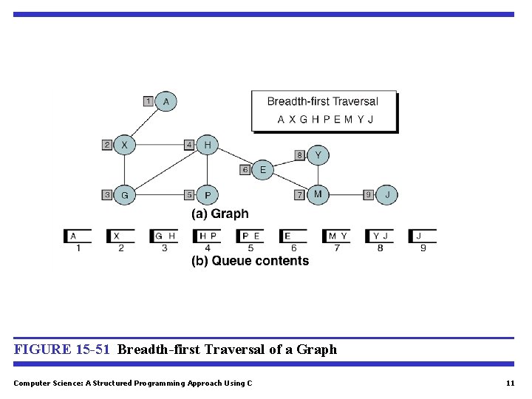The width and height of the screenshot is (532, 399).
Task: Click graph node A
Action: [166, 101]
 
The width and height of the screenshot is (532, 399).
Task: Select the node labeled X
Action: [125, 146]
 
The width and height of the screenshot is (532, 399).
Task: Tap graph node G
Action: [125, 195]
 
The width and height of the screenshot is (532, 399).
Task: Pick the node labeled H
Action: [208, 146]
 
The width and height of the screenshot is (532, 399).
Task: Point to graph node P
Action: [208, 195]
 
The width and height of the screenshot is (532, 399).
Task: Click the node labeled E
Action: [262, 170]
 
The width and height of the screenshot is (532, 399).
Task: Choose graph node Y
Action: [318, 155]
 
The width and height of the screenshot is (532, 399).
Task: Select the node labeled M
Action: [318, 194]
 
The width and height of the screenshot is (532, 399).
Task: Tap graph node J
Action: [387, 195]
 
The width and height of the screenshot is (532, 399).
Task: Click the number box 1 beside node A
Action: [149, 101]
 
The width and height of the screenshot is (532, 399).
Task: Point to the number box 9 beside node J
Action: [369, 195]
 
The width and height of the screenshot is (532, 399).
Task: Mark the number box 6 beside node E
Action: [245, 170]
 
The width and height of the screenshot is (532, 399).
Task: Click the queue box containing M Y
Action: [338, 236]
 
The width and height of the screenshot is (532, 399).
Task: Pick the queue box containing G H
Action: [165, 236]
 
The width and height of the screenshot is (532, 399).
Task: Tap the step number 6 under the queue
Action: [294, 248]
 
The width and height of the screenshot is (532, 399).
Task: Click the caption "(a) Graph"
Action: [220, 214]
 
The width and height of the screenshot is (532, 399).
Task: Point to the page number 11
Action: [510, 383]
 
